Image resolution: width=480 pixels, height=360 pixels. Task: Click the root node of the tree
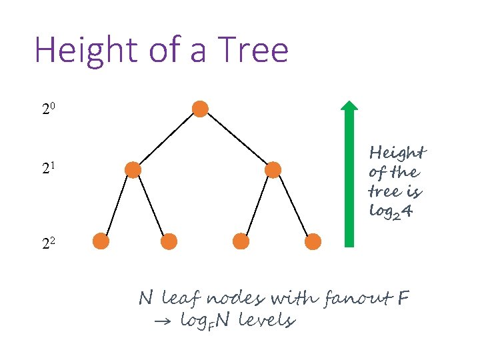(200, 109)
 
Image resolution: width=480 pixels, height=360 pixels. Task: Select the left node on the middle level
(133, 170)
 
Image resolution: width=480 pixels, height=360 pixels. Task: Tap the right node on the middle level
(273, 170)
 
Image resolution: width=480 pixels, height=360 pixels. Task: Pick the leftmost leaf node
(100, 241)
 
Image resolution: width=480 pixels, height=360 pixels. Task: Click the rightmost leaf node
(313, 241)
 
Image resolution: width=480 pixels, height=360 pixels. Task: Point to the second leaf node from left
(169, 241)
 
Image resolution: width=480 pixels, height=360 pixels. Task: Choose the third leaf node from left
(241, 241)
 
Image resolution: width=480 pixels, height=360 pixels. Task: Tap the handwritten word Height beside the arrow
(397, 153)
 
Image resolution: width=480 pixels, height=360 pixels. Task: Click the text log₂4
(394, 211)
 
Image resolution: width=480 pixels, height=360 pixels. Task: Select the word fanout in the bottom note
(359, 297)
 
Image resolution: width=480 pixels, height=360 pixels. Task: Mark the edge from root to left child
(167, 139)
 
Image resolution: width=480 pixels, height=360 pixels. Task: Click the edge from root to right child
(237, 139)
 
